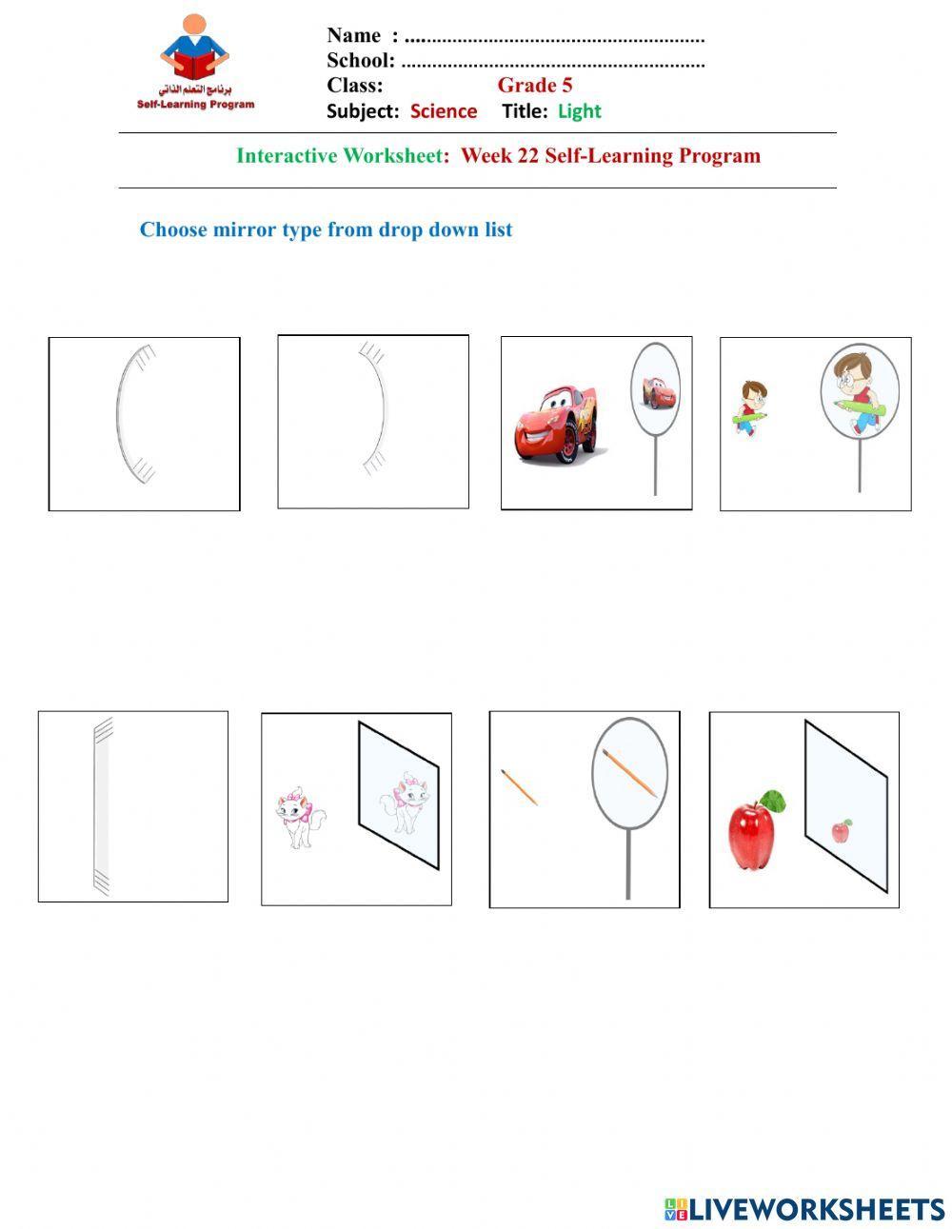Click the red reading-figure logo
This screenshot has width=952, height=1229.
tap(194, 48)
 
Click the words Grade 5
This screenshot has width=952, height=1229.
tap(535, 85)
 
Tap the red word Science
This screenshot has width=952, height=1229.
tap(444, 110)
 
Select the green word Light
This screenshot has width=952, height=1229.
tap(580, 111)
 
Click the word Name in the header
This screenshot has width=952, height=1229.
tap(354, 35)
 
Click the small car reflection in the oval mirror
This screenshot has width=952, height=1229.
tap(659, 392)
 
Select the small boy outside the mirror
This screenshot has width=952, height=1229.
tap(749, 407)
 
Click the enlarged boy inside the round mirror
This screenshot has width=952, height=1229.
tap(858, 394)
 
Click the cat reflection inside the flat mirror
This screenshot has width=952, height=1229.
tap(405, 802)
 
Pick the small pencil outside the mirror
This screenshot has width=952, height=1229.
tap(519, 786)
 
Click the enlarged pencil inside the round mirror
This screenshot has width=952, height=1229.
tap(630, 773)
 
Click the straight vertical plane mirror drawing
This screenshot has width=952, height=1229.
tap(102, 806)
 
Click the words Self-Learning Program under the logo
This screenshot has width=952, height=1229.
tap(195, 104)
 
